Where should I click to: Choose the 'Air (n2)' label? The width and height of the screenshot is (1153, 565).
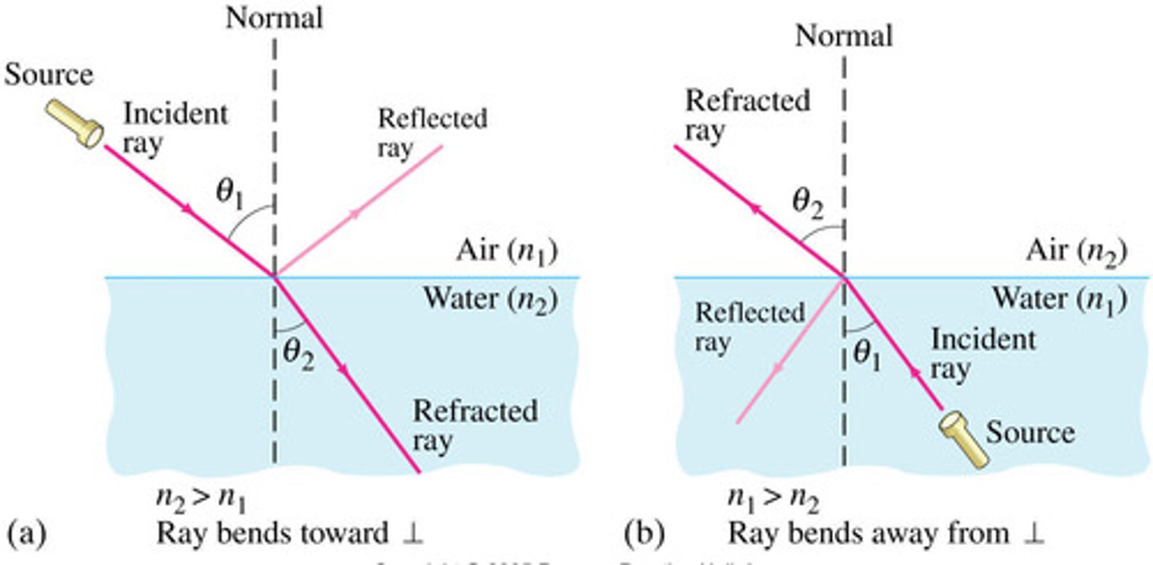1076,252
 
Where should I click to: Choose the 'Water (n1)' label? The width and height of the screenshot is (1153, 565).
1059,298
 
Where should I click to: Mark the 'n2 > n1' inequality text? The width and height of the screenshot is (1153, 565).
201,500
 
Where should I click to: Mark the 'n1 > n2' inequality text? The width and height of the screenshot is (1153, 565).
771,500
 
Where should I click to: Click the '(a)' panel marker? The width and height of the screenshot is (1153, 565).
23,532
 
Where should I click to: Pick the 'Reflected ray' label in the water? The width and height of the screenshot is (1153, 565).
749,327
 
